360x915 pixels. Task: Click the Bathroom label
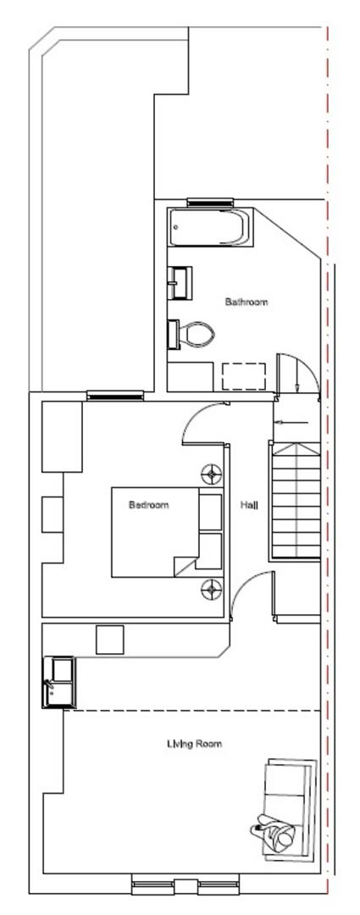[x=246, y=302]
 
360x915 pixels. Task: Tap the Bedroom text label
[x=148, y=505]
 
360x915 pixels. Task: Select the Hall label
[x=249, y=505]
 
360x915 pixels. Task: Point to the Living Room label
[x=194, y=744]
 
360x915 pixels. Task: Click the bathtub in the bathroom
[x=209, y=227]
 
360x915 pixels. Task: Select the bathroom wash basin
[x=181, y=282]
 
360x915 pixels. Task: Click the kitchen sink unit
[x=59, y=680]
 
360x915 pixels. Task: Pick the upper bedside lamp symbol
[x=210, y=473]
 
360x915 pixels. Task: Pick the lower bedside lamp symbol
[x=210, y=587]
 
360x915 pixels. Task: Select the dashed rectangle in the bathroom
[x=244, y=376]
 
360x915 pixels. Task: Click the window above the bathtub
[x=209, y=202]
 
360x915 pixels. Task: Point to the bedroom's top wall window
[x=114, y=395]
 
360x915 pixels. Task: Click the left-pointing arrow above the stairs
[x=290, y=421]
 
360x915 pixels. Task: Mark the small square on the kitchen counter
[x=110, y=639]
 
